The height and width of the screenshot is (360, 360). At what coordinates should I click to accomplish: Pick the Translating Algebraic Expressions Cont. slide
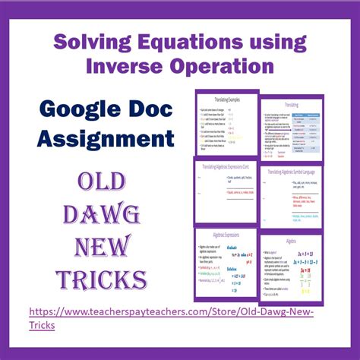(226, 193)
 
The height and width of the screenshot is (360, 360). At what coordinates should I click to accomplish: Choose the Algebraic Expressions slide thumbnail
(226, 261)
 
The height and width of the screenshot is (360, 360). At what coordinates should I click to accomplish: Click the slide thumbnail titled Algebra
(292, 267)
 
